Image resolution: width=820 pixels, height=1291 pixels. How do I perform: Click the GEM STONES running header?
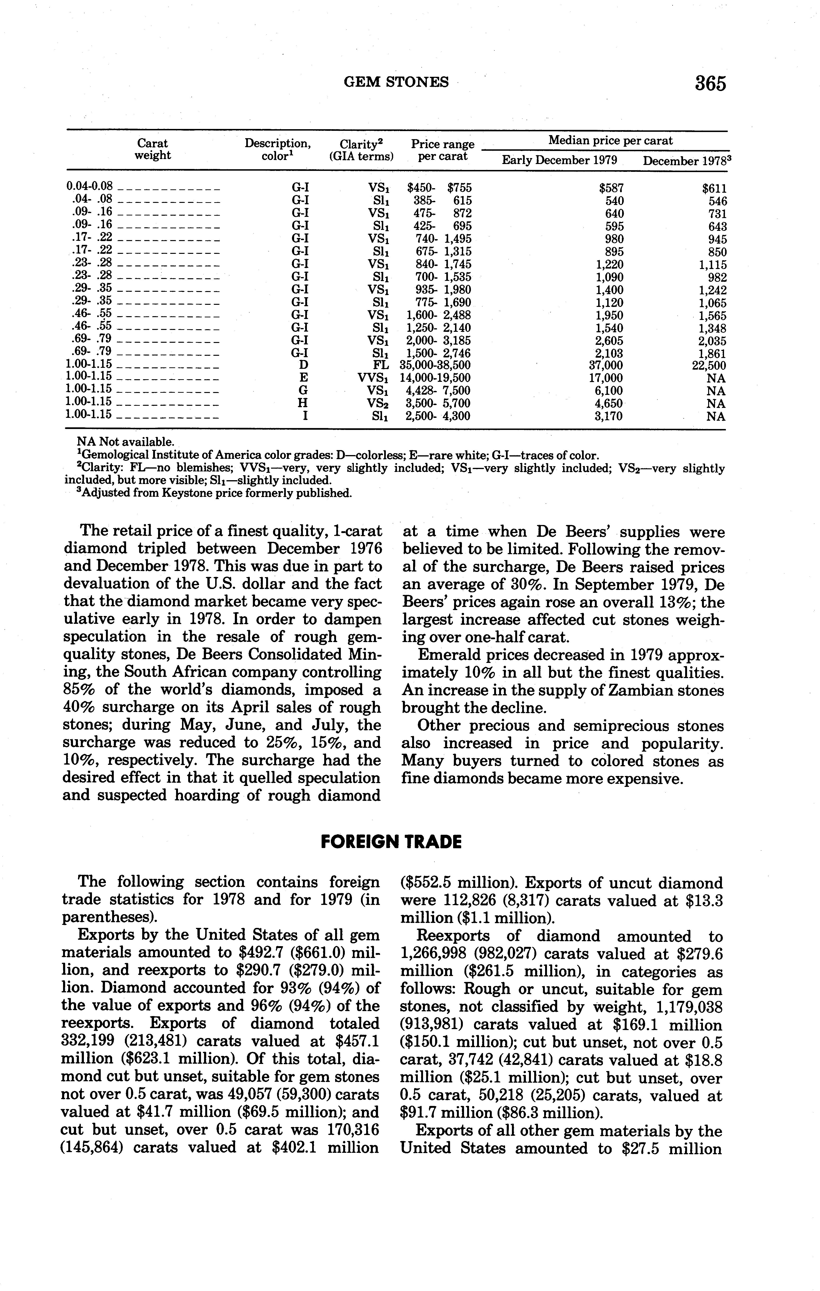tap(396, 82)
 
